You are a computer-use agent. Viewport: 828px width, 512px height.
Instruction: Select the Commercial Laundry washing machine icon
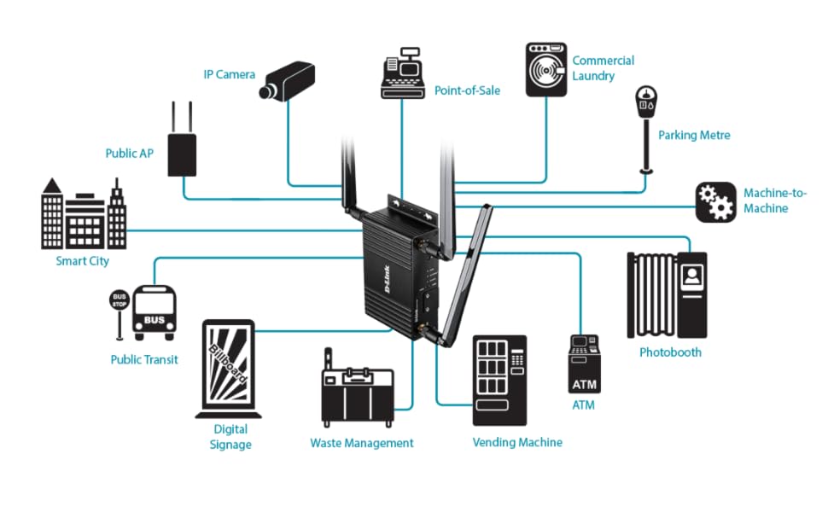[x=545, y=70]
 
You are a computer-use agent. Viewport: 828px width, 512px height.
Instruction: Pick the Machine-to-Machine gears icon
[x=715, y=202]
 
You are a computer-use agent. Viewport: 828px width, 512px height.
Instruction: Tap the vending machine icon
[x=499, y=380]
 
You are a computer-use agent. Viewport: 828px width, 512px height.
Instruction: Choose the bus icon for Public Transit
[x=155, y=312]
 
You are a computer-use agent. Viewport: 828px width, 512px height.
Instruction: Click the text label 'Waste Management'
[x=361, y=443]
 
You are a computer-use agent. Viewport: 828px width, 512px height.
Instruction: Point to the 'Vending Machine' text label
[x=517, y=442]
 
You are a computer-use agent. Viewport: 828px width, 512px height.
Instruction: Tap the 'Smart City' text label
[x=83, y=261]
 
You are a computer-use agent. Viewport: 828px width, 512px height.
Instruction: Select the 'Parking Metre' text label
[x=694, y=135]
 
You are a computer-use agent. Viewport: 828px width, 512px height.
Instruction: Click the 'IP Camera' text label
[x=229, y=74]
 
